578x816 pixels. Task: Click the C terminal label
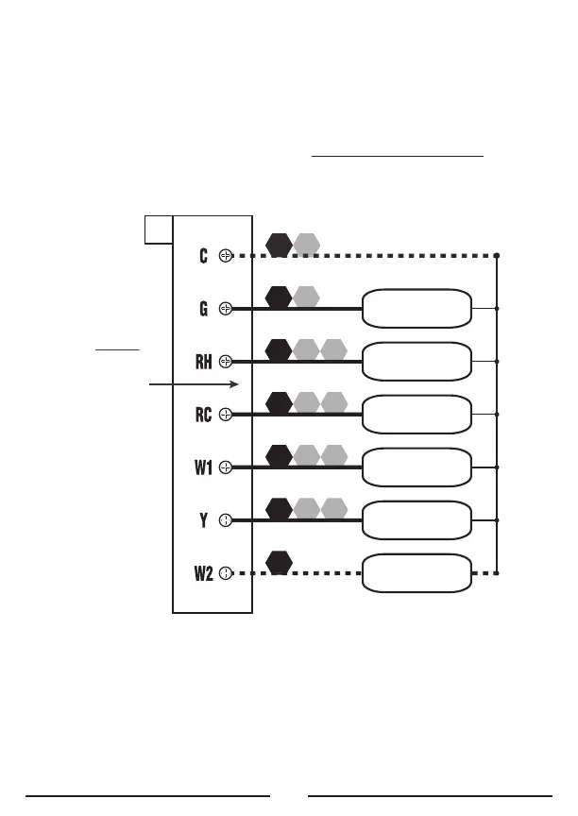[x=203, y=255]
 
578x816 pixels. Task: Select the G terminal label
[x=203, y=308]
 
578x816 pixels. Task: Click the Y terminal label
[x=203, y=519]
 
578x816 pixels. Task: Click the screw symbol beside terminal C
[x=226, y=255]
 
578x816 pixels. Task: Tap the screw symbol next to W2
[x=226, y=572]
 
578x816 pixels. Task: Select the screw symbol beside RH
[x=226, y=361]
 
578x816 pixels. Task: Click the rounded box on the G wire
[x=416, y=308]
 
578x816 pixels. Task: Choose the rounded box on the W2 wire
[x=416, y=572]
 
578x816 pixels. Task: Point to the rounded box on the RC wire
[x=416, y=414]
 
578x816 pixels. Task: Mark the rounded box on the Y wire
[x=416, y=519]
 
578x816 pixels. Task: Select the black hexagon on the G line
[x=279, y=297]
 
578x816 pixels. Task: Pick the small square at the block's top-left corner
[x=158, y=228]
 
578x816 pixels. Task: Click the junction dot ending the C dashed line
[x=497, y=255]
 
